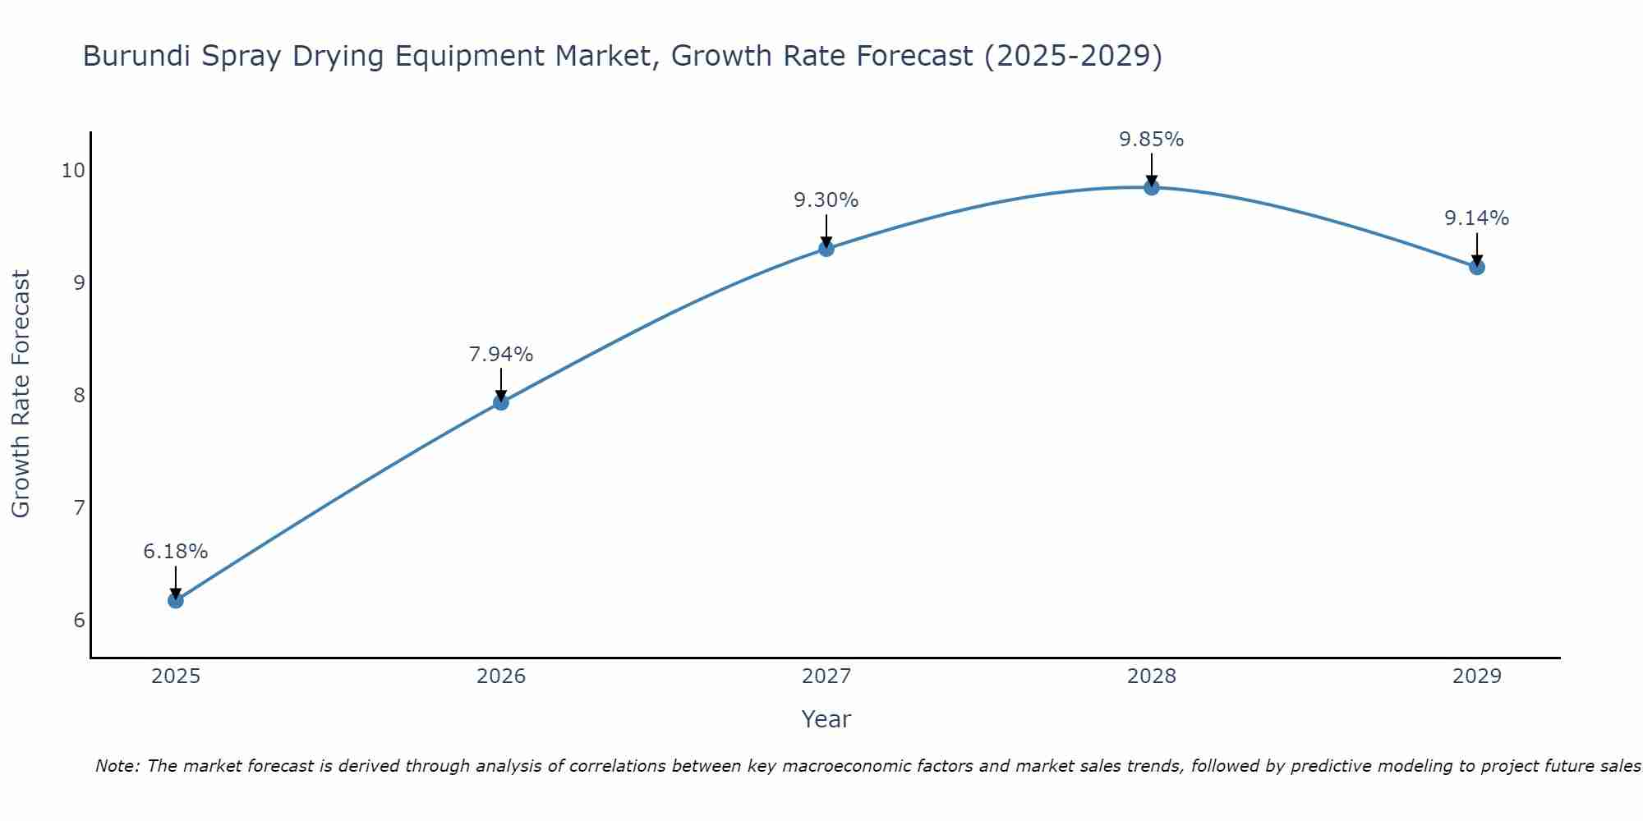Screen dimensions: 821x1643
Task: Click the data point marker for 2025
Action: (176, 600)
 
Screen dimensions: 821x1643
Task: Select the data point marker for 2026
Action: (501, 402)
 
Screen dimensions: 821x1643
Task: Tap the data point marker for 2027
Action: (826, 249)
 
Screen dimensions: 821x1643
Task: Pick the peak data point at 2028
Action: (1152, 187)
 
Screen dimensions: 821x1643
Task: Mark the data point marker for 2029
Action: (1477, 267)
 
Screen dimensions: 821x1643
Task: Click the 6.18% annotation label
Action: (176, 552)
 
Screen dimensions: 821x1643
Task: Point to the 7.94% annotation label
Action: (501, 355)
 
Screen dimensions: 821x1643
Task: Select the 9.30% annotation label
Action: (826, 200)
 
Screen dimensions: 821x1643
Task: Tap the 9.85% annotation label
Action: (1152, 140)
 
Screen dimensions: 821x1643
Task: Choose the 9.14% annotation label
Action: (1477, 218)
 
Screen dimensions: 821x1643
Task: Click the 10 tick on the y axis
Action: (74, 171)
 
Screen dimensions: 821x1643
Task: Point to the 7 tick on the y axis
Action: (79, 507)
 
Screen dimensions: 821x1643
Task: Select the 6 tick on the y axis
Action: (79, 620)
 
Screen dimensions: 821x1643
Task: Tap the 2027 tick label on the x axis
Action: (826, 677)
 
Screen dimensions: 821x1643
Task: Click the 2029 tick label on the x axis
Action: (1477, 677)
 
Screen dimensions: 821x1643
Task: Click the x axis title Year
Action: (826, 719)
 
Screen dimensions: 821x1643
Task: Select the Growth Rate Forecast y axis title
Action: (21, 394)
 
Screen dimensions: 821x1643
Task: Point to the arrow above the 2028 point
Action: (1152, 168)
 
